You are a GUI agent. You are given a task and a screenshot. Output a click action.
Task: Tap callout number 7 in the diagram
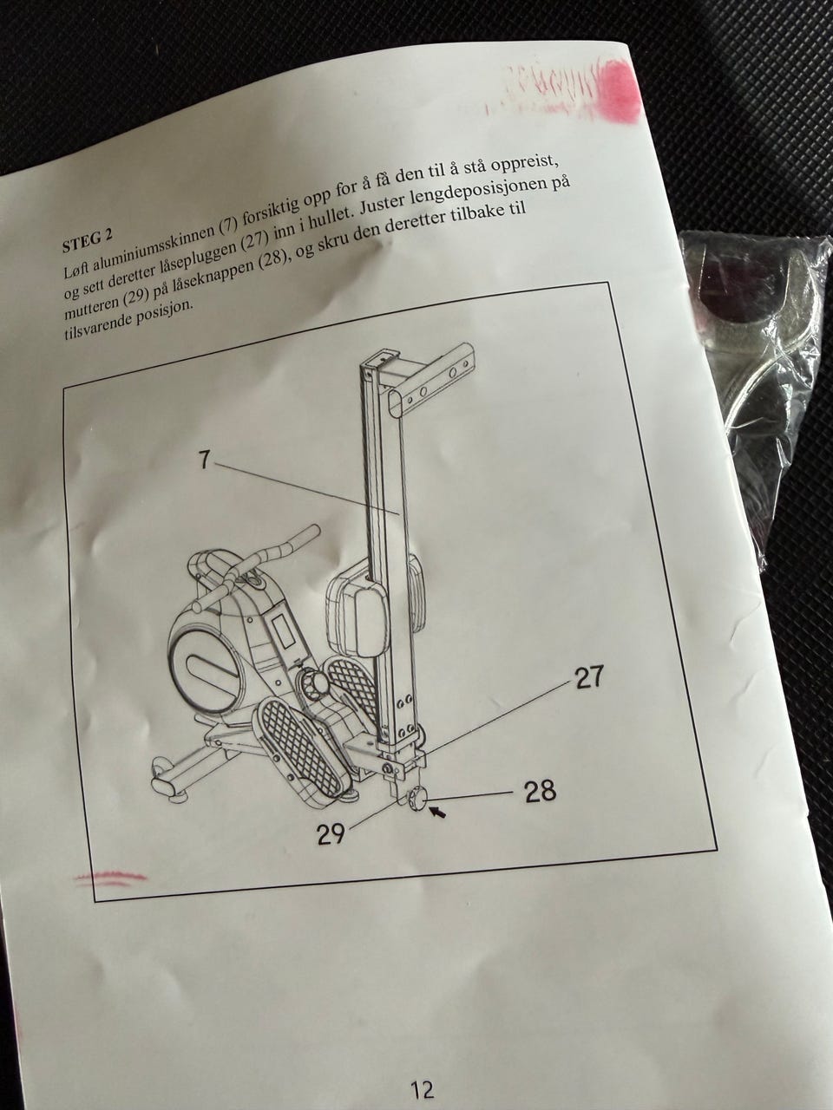(203, 460)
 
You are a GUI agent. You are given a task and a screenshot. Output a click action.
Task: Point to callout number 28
(540, 792)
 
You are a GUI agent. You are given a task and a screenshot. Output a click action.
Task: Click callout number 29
(331, 833)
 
